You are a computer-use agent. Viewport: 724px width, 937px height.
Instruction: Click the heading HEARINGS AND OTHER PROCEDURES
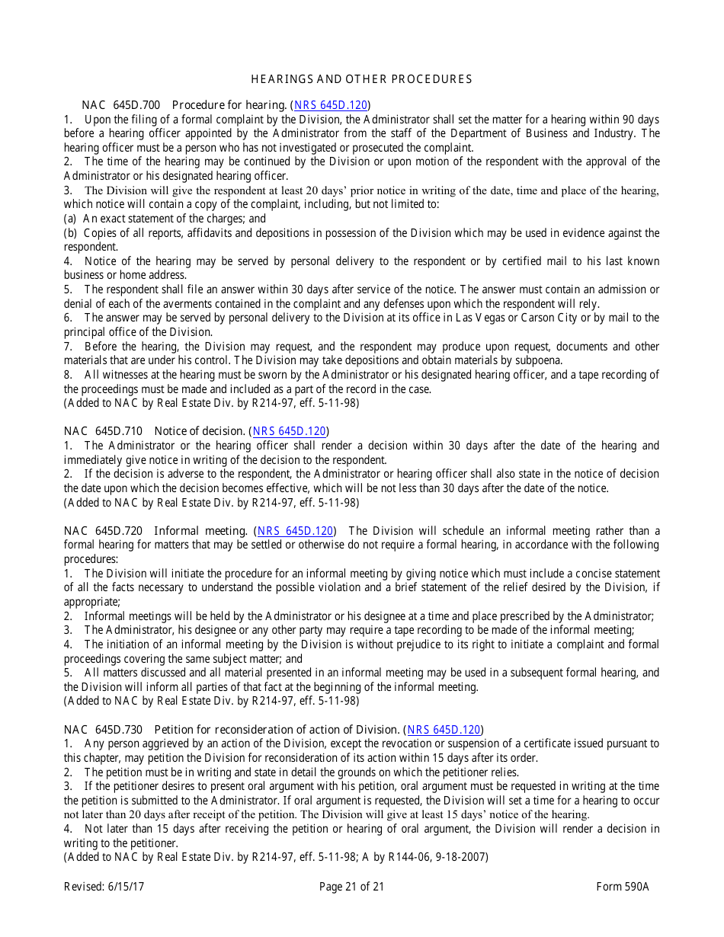click(361, 79)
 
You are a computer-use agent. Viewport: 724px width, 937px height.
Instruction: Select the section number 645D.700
click(136, 105)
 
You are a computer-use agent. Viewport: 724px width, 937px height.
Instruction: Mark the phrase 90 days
click(641, 120)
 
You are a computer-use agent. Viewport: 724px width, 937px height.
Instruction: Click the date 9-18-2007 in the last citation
click(462, 857)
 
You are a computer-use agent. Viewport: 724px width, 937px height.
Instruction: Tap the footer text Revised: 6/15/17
click(104, 887)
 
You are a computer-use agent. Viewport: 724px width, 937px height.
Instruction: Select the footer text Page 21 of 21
click(351, 887)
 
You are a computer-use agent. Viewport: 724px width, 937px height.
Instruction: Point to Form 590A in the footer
click(623, 887)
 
